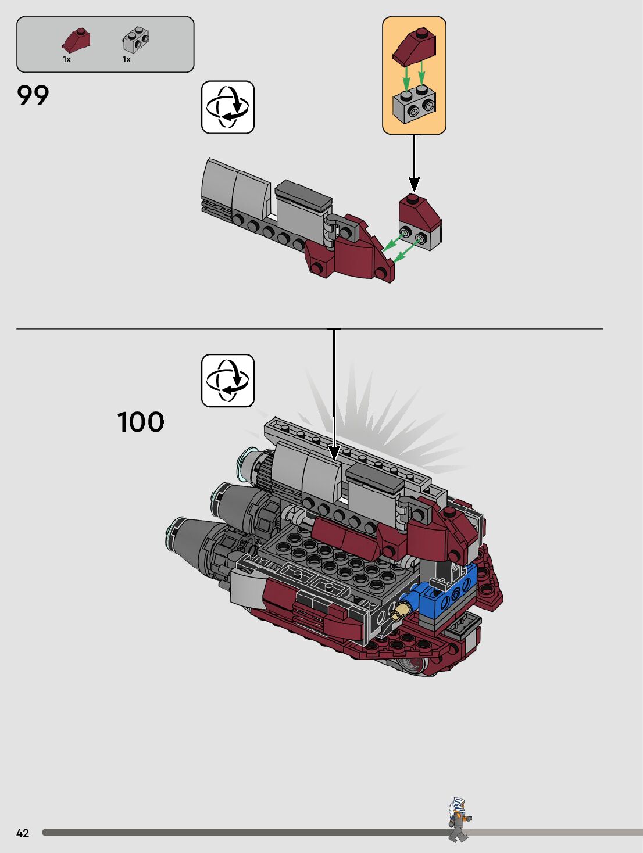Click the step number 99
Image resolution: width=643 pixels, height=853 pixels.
click(x=33, y=96)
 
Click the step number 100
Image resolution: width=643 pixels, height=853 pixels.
click(x=141, y=422)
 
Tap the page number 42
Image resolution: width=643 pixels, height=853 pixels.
click(x=23, y=833)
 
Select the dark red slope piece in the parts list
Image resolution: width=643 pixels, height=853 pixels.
click(x=76, y=41)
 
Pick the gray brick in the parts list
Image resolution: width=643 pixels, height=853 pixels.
click(x=135, y=40)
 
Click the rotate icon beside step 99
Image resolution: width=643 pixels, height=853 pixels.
click(x=228, y=107)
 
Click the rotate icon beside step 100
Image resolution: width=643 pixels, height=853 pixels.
click(x=228, y=381)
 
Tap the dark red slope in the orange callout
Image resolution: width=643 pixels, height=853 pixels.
click(x=414, y=46)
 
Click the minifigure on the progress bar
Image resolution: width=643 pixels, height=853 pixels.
click(x=459, y=819)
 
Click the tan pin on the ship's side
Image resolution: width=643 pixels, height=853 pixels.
click(x=400, y=611)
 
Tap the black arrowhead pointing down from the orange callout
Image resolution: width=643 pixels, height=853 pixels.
click(x=414, y=185)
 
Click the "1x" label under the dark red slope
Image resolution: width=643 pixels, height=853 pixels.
click(x=67, y=59)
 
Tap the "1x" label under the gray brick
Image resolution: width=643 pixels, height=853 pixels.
click(x=127, y=59)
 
